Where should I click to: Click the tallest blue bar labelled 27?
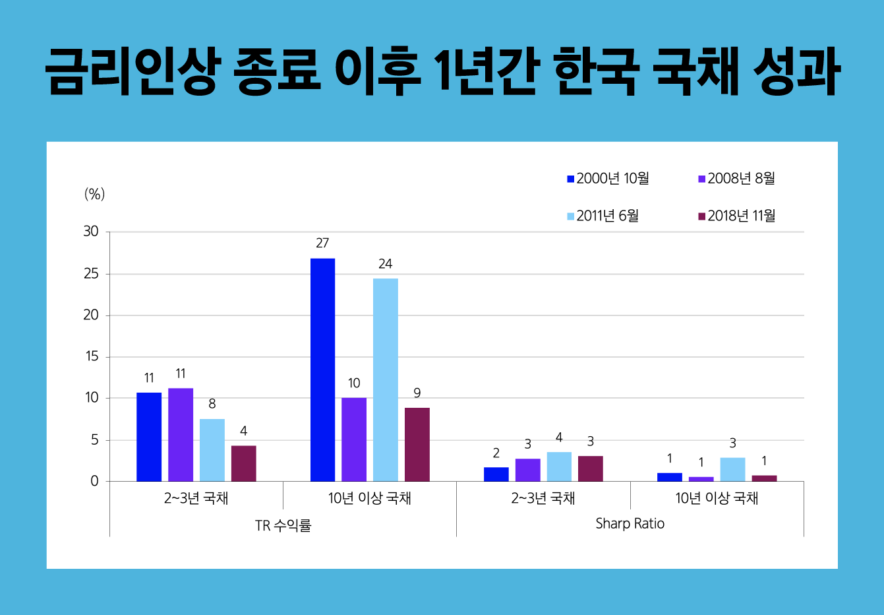pyautogui.click(x=322, y=370)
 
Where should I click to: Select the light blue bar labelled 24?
pyautogui.click(x=386, y=379)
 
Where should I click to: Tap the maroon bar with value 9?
pyautogui.click(x=417, y=444)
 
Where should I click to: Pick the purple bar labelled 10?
pyautogui.click(x=354, y=439)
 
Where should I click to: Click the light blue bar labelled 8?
pyautogui.click(x=212, y=450)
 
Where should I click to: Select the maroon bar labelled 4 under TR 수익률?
pyautogui.click(x=243, y=463)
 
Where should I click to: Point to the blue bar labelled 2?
pyautogui.click(x=496, y=474)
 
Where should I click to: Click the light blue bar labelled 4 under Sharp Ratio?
pyautogui.click(x=559, y=467)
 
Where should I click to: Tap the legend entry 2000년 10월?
pyautogui.click(x=608, y=179)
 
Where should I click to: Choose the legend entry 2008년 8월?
pyautogui.click(x=736, y=179)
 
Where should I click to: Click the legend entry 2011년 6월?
pyautogui.click(x=603, y=216)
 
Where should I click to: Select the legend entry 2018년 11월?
pyautogui.click(x=736, y=216)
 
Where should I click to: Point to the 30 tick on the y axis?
pyautogui.click(x=91, y=232)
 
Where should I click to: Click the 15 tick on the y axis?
pyautogui.click(x=91, y=356)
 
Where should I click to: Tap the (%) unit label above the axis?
pyautogui.click(x=94, y=194)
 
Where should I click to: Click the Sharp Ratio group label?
pyautogui.click(x=630, y=524)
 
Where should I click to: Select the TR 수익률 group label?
pyautogui.click(x=283, y=526)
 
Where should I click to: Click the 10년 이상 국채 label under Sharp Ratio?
pyautogui.click(x=717, y=498)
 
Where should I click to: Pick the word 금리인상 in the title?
pyautogui.click(x=131, y=71)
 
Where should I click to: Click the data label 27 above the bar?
pyautogui.click(x=322, y=243)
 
